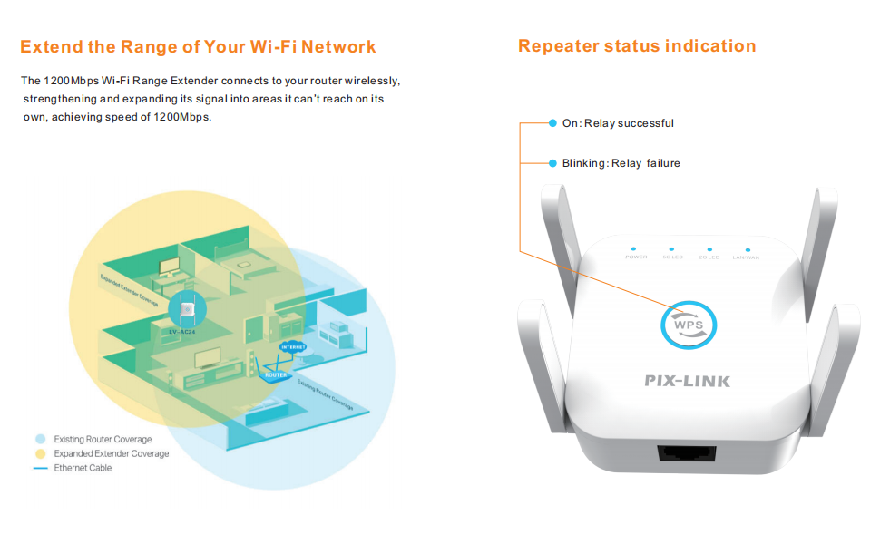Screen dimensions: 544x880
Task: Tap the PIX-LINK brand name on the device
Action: pyautogui.click(x=687, y=381)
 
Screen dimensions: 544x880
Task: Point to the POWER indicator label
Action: pyautogui.click(x=635, y=258)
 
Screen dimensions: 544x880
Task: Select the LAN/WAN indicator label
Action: pyautogui.click(x=748, y=258)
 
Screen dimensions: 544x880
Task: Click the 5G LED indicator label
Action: pyautogui.click(x=672, y=258)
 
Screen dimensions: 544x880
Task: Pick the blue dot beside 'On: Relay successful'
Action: pyautogui.click(x=552, y=123)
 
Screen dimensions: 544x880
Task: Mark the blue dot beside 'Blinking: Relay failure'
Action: pyautogui.click(x=552, y=163)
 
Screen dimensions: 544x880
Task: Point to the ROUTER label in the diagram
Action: pyautogui.click(x=275, y=374)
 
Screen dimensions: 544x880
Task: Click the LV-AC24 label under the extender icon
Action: pyautogui.click(x=184, y=332)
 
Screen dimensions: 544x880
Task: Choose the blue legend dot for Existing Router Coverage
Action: pyautogui.click(x=39, y=439)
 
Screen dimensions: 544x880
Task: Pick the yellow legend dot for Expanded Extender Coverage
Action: pyautogui.click(x=39, y=453)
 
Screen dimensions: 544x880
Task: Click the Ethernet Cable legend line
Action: pyautogui.click(x=39, y=468)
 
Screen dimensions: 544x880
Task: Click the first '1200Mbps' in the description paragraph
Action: pyautogui.click(x=71, y=82)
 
